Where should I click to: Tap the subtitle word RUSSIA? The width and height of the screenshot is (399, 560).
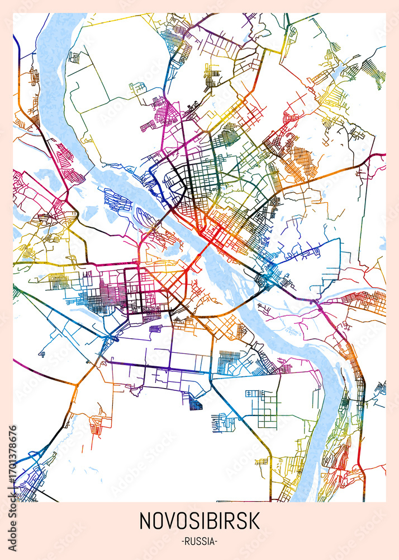point(199,542)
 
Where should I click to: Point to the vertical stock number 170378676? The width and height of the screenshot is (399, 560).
point(13,459)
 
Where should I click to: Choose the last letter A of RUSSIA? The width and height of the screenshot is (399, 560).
point(213,542)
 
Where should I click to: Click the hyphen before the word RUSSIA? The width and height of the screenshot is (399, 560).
point(183,542)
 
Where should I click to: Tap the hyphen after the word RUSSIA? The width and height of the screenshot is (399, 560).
point(217,542)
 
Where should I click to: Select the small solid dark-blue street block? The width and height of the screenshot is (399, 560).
point(196,403)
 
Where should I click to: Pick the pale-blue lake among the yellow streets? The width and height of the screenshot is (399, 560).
point(338,73)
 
